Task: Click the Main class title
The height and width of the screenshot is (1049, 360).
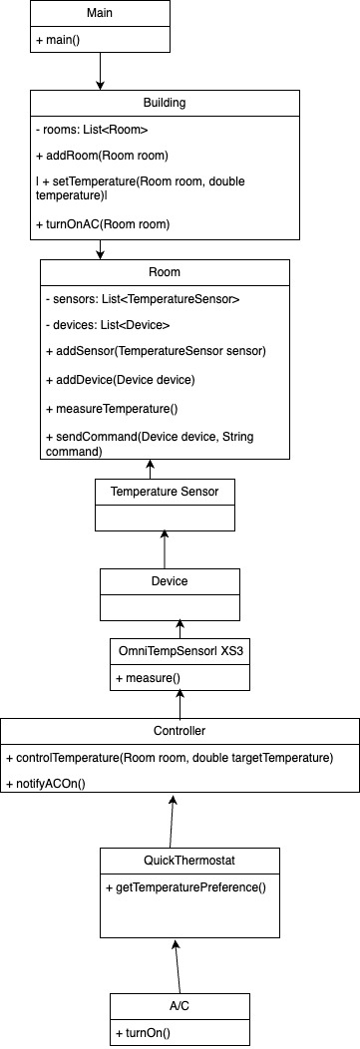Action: click(99, 14)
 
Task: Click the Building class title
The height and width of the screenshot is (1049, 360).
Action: click(164, 104)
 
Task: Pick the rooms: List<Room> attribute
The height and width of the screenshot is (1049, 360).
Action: click(91, 130)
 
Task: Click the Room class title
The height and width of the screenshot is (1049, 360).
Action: click(164, 272)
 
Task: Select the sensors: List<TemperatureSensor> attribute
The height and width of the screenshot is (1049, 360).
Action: click(144, 299)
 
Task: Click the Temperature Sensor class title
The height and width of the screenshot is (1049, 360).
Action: click(164, 491)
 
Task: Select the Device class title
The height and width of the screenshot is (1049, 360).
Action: click(169, 580)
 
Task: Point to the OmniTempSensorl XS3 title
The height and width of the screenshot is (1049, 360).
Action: click(180, 651)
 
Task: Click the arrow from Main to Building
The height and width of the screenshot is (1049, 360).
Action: click(100, 71)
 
